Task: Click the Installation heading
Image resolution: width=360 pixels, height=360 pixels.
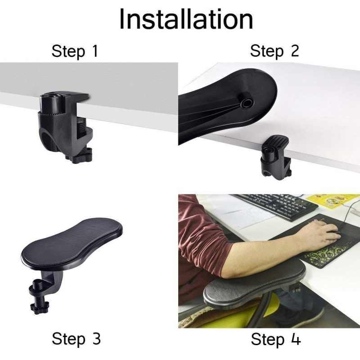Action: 186,19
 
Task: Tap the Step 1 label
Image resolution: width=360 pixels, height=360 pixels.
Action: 75,51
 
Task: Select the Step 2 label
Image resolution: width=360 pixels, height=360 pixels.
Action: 274,51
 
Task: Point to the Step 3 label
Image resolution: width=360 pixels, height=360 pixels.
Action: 76,339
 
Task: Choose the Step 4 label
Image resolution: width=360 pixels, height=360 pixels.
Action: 276,339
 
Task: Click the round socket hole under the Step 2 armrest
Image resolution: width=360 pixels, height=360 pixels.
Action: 247,103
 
